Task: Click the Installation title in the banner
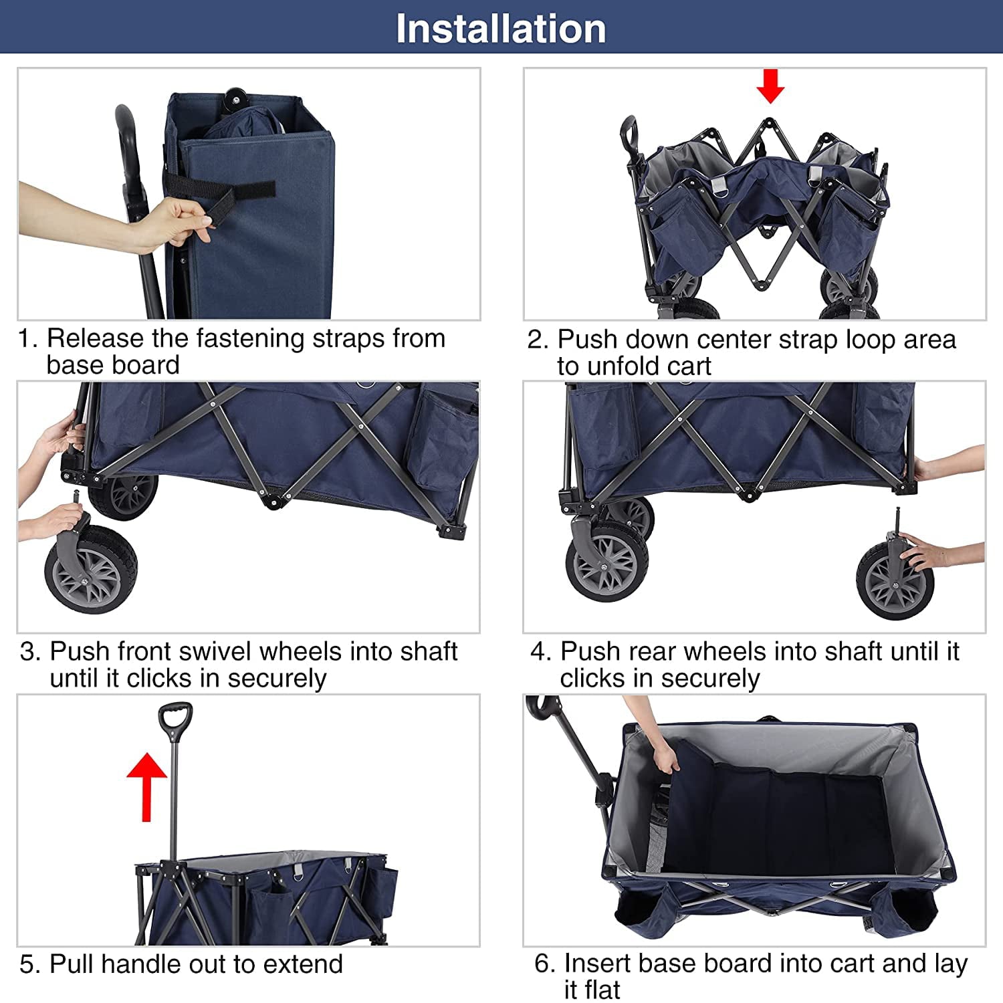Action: point(501,29)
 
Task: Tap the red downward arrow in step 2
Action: point(770,86)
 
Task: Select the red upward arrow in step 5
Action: point(146,786)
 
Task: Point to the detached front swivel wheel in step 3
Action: point(91,568)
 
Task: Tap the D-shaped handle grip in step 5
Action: point(175,719)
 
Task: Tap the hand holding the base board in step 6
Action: point(665,759)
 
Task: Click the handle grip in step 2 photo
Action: point(629,134)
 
